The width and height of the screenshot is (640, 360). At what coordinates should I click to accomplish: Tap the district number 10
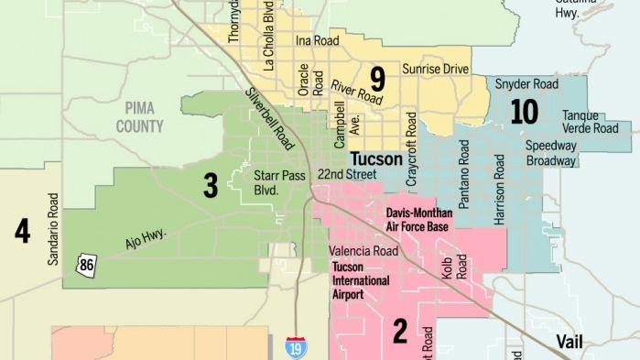pos(523,112)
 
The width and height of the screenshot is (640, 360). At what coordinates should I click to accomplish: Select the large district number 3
pos(210,186)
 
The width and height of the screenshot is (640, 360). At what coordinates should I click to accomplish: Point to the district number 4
pos(22,231)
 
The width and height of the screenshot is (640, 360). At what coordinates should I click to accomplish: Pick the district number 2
pos(399,331)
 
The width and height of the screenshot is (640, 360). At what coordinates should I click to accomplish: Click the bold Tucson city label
pos(376,159)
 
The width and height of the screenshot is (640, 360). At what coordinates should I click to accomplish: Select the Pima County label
pos(140,118)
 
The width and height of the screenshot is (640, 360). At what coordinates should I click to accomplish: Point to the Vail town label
pos(574,342)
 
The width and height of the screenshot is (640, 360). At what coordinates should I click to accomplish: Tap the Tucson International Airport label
pos(360,280)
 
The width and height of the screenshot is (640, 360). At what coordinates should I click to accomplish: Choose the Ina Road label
pos(317,41)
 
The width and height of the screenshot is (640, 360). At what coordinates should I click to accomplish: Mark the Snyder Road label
pos(526,83)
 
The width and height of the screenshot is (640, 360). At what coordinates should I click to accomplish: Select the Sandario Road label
pos(52,229)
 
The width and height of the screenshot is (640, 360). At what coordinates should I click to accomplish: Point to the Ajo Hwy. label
pos(145,242)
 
